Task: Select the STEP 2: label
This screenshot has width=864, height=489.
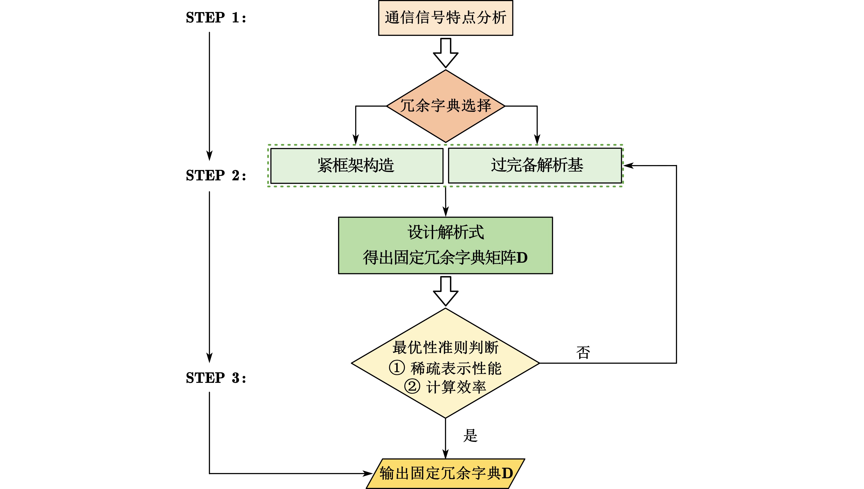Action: (x=216, y=176)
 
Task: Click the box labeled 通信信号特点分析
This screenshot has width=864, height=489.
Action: (x=445, y=18)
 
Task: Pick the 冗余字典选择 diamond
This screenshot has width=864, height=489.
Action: (x=445, y=106)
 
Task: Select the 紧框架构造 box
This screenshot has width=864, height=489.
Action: (x=356, y=166)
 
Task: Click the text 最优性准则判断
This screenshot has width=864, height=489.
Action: (x=445, y=348)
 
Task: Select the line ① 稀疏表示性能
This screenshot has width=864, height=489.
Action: (x=445, y=368)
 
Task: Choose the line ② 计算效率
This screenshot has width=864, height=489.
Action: (x=445, y=387)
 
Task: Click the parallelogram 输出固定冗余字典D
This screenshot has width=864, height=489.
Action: (x=445, y=473)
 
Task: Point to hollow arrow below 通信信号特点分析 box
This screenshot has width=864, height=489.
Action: (x=445, y=53)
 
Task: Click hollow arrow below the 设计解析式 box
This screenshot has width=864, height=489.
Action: (x=445, y=291)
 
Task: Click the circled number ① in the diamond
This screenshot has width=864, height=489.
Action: (x=397, y=368)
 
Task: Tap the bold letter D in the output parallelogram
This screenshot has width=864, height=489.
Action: (x=507, y=473)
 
